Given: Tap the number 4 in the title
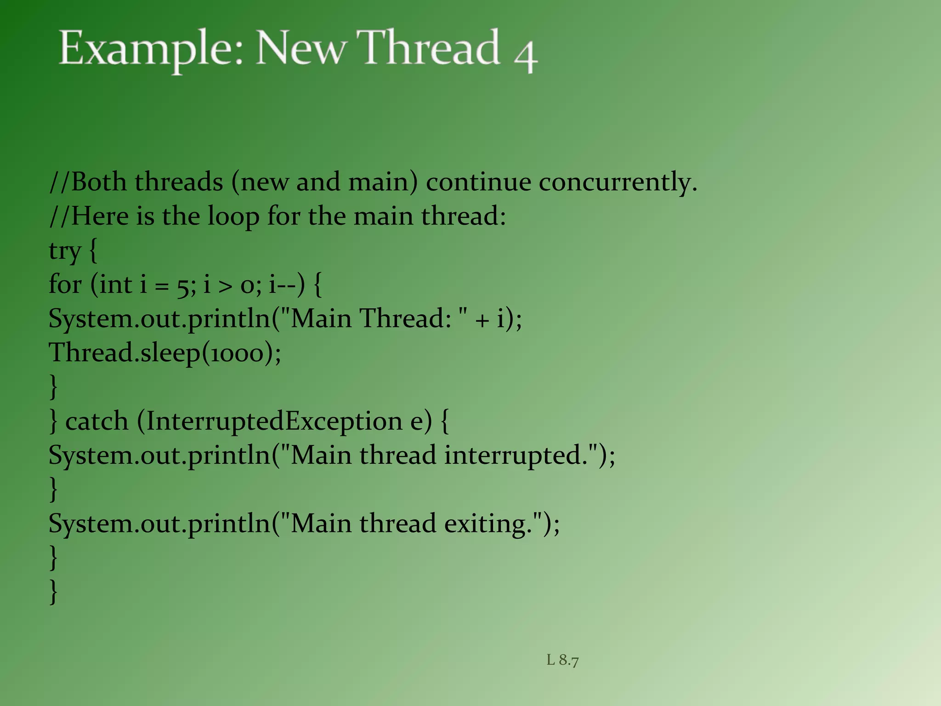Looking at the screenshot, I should coord(526,55).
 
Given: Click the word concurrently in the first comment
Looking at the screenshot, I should coord(618,182).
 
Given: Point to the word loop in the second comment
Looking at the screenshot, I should coord(233,217).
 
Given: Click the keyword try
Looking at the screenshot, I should coord(65,251).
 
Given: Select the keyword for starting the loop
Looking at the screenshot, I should coord(65,285).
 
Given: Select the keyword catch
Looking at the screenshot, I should coord(96,421).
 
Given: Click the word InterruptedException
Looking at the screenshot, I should coord(274,421).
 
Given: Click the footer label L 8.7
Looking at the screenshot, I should coord(562,660).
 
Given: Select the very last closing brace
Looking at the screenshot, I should coord(54,592).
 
